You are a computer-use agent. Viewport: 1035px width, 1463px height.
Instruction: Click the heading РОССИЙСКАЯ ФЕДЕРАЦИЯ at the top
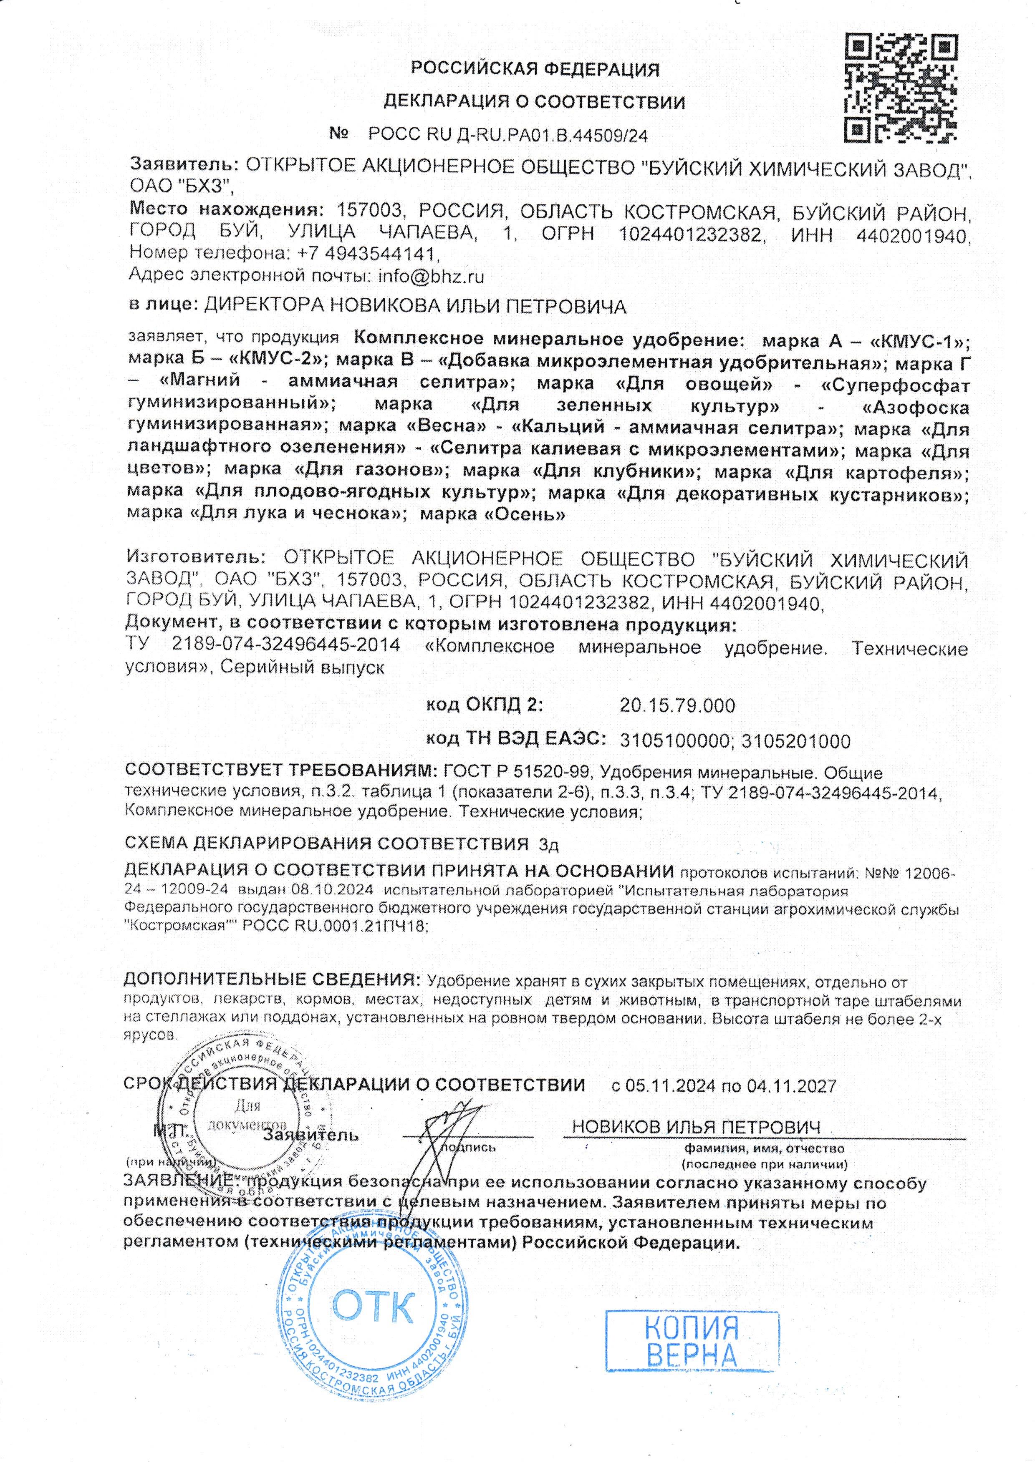[535, 69]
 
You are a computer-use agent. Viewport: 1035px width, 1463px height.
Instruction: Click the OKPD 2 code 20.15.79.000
[677, 705]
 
